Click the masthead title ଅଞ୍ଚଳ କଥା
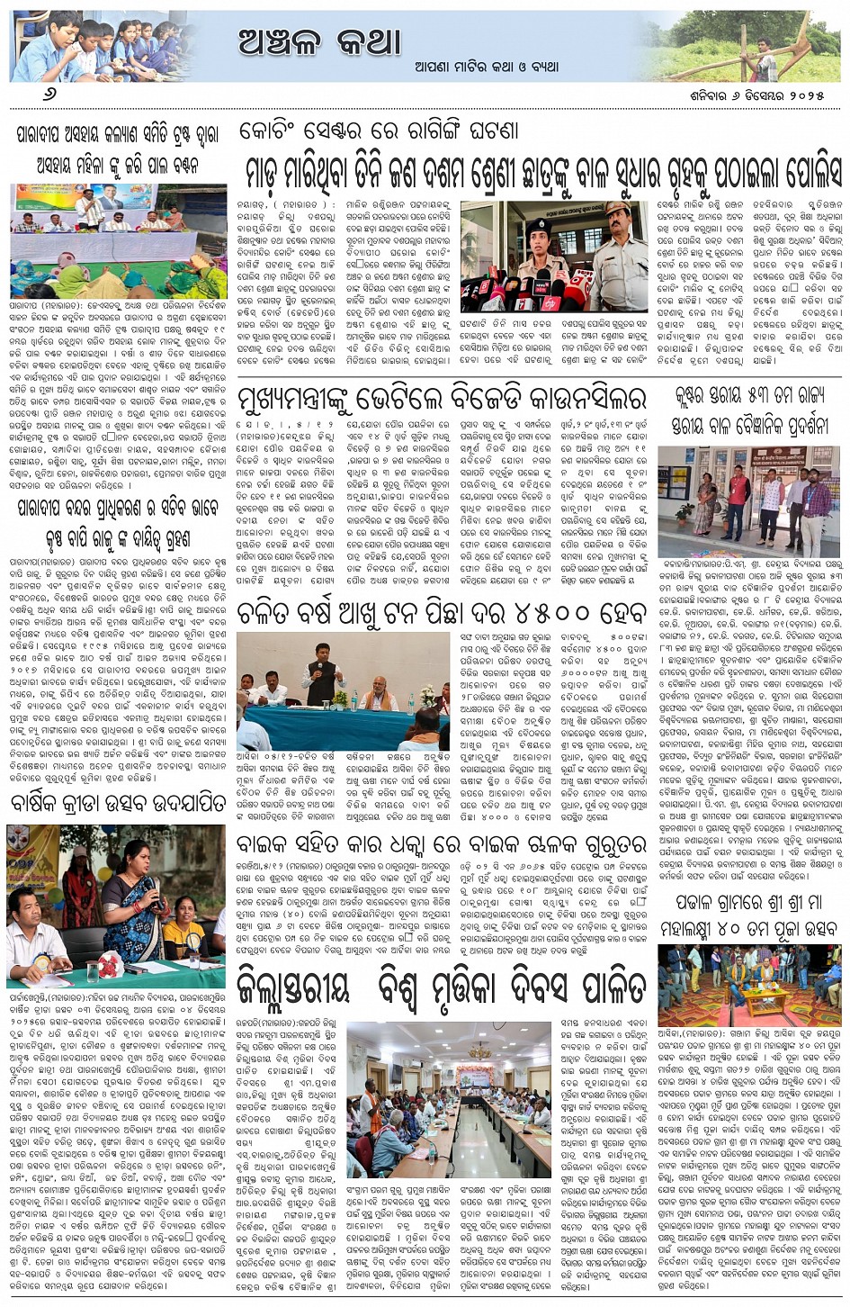(x=319, y=40)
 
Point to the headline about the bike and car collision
(x=441, y=845)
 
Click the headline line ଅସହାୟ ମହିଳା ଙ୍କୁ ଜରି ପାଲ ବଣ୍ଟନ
(x=118, y=167)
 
